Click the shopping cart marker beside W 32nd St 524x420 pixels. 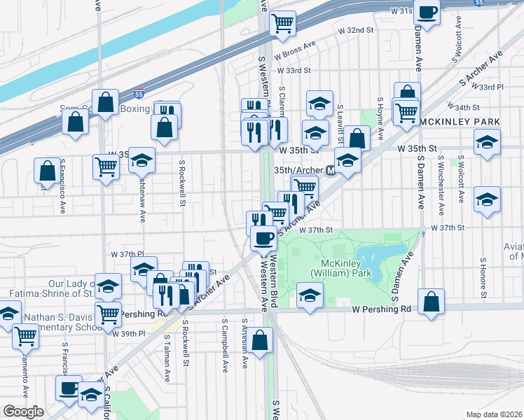(283, 23)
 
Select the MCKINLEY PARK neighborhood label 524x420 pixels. (460, 122)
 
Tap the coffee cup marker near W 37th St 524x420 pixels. (263, 238)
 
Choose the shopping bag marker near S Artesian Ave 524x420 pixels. (259, 340)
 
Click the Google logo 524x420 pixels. (23, 412)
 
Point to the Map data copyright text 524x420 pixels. (494, 414)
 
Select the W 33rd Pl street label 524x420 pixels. (490, 87)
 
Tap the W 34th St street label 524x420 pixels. (471, 108)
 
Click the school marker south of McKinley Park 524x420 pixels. (309, 294)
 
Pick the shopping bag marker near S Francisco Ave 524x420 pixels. (47, 170)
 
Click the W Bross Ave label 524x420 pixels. (296, 54)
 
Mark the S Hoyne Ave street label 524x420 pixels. (380, 117)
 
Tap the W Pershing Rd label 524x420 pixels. (381, 309)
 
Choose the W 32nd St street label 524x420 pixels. (356, 31)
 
